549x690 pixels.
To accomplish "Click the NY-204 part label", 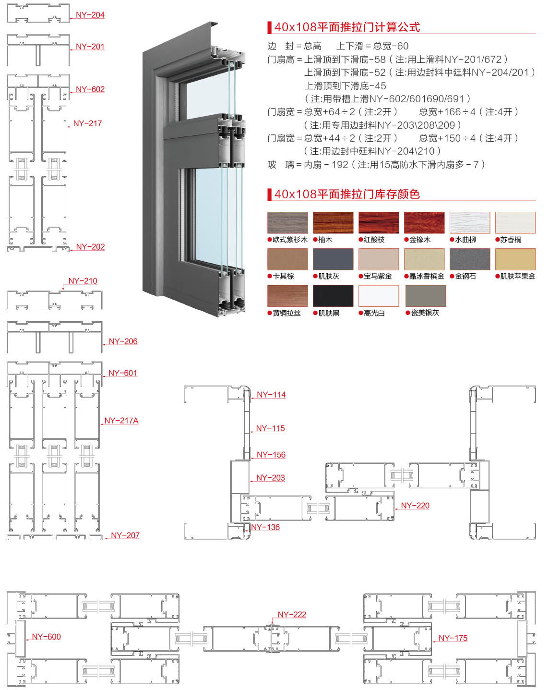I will click(x=90, y=15).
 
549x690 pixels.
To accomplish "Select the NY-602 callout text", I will click(x=90, y=89).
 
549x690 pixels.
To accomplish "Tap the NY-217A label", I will click(x=121, y=421).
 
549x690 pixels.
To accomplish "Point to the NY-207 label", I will click(x=125, y=535).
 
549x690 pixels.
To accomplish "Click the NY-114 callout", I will click(x=271, y=395).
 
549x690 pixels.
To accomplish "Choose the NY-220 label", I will click(x=415, y=506).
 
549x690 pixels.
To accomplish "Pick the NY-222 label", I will click(x=292, y=615).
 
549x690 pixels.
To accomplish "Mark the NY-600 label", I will click(x=47, y=637).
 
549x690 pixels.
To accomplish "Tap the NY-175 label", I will click(x=453, y=638).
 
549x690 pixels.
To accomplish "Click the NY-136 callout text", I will click(x=265, y=527).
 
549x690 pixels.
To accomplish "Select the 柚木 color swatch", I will click(x=333, y=223).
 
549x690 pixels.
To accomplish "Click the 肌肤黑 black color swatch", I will click(x=333, y=296).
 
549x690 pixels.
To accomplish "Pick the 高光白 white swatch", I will click(x=379, y=296).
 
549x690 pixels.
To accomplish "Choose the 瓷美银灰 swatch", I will click(x=426, y=296).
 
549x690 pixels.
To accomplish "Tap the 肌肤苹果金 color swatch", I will click(x=515, y=259).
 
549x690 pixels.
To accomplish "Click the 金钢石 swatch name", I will click(x=465, y=276).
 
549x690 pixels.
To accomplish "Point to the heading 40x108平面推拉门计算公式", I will click(x=347, y=27).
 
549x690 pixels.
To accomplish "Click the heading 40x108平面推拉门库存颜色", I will click(x=347, y=194).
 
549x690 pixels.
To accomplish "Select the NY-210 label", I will click(x=83, y=281).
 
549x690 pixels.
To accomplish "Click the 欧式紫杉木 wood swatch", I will click(x=287, y=223).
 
